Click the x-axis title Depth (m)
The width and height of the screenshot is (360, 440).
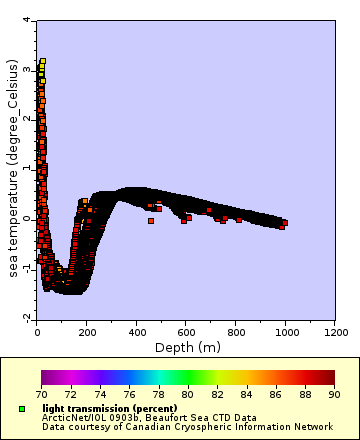[187, 347]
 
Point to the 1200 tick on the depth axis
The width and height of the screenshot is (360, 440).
[335, 330]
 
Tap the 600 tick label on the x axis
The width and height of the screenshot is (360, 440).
[186, 330]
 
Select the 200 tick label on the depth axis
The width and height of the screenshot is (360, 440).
[87, 330]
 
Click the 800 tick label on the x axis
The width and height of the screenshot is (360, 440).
[236, 330]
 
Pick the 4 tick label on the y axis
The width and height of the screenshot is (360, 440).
[26, 20]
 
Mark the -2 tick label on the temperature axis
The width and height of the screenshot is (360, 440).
[24, 317]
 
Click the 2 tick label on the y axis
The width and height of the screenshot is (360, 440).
[26, 119]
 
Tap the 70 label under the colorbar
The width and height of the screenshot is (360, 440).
[41, 395]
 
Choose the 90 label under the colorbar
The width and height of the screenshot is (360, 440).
[334, 395]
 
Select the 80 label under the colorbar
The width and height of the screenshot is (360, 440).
[187, 395]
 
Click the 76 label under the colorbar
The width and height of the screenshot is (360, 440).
[129, 395]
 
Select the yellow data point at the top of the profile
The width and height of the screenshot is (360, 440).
[43, 62]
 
